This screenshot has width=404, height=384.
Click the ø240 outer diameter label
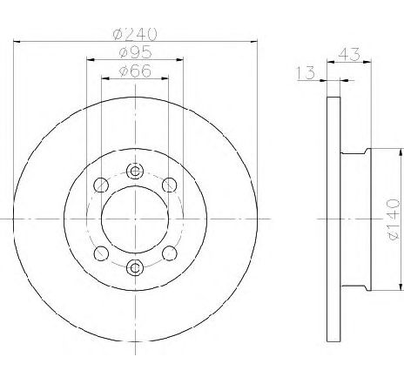point(135,34)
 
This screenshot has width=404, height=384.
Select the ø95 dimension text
point(135,52)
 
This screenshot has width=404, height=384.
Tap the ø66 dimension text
point(135,71)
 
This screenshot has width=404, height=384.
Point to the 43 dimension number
point(349,55)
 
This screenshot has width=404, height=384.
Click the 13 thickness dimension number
point(306,72)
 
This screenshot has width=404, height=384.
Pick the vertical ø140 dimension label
point(394,219)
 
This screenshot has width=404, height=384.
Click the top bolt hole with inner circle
point(135,171)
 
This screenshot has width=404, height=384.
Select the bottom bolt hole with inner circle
point(135,267)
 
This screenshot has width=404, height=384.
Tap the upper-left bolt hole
point(101,185)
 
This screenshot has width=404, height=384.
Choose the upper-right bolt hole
point(170,185)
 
